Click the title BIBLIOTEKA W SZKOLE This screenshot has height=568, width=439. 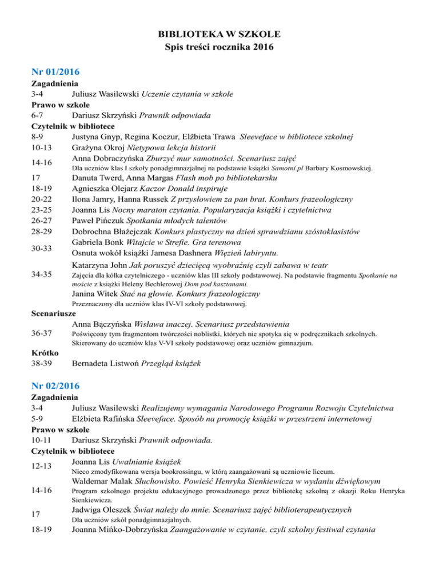(x=219, y=35)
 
